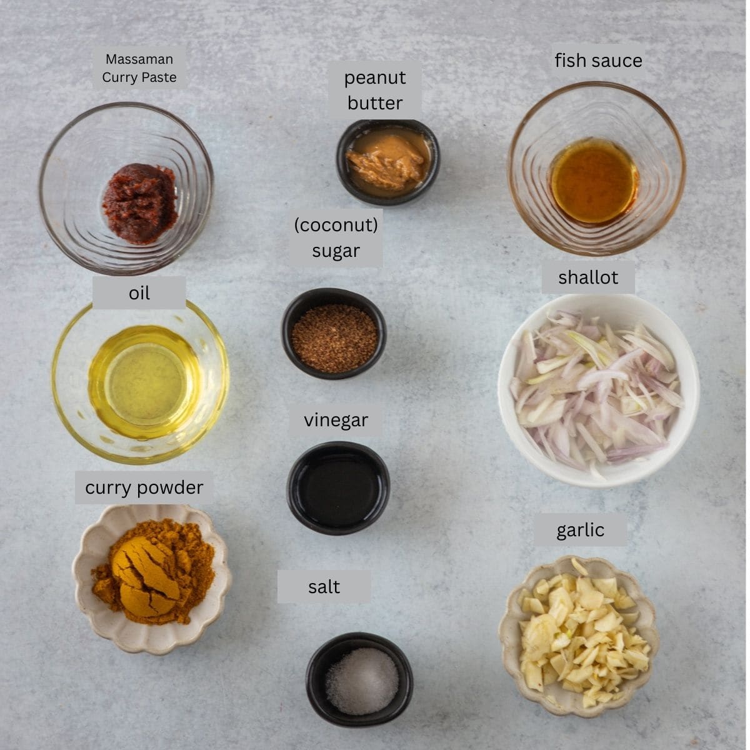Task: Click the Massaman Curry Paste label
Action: click(139, 68)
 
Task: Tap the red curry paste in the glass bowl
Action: click(140, 203)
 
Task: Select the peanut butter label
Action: click(375, 90)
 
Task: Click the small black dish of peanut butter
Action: click(387, 162)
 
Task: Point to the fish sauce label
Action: click(598, 61)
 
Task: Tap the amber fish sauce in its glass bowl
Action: click(594, 181)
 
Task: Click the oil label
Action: click(139, 293)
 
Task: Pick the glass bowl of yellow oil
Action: click(141, 381)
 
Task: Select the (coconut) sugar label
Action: click(336, 237)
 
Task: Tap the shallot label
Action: click(588, 277)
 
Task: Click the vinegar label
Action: click(336, 420)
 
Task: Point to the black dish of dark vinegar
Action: click(338, 487)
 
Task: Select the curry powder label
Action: click(144, 487)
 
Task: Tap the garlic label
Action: click(580, 530)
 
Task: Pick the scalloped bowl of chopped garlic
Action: click(579, 634)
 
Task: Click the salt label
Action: click(324, 586)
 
